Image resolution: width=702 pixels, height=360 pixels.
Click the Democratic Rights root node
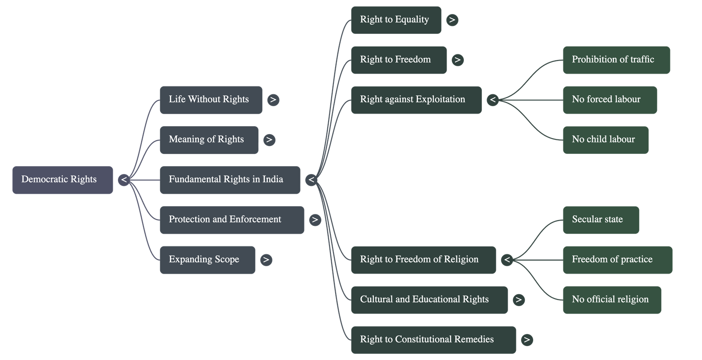pos(62,179)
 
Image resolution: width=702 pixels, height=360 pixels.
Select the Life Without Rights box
pos(211,100)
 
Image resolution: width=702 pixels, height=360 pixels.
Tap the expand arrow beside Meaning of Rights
pos(269,140)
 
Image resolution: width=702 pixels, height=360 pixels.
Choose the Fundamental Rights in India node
pos(229,179)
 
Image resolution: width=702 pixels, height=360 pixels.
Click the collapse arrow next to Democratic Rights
pos(124,180)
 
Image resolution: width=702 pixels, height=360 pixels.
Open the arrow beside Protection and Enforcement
pos(315,220)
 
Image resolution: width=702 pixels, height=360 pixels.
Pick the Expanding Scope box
pos(207,260)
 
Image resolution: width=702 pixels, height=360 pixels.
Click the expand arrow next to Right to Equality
pos(452,20)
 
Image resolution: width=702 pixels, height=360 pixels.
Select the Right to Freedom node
pos(398,60)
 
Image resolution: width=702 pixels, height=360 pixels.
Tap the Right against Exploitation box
pos(415,100)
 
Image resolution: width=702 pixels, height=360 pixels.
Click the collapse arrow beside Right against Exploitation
pos(493,100)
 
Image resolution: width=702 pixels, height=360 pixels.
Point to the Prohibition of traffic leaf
pos(616,60)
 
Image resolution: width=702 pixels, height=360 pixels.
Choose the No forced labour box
pos(609,100)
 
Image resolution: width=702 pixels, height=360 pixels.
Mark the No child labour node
pos(605,140)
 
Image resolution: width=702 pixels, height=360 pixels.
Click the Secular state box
pos(600,220)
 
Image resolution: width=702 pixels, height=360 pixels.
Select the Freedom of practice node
pos(617,260)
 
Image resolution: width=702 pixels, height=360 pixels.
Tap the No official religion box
pos(612,299)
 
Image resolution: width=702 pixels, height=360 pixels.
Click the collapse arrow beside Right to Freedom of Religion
pos(507,260)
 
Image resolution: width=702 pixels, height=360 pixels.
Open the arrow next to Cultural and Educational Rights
pos(519,300)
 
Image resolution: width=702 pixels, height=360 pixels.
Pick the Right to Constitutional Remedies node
pos(433,339)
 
